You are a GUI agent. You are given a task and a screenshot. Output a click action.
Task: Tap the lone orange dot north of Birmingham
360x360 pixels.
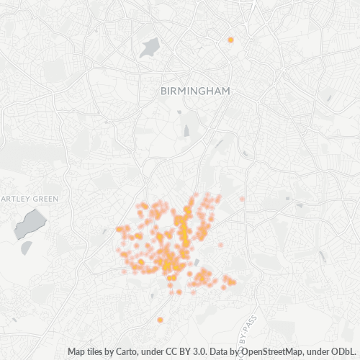pos(230,40)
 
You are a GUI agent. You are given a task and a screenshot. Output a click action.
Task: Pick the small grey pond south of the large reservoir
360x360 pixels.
pos(27,247)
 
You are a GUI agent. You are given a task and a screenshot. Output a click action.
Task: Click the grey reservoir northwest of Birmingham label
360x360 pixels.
pos(150,48)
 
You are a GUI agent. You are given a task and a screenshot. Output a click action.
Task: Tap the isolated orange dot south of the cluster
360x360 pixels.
pos(160,320)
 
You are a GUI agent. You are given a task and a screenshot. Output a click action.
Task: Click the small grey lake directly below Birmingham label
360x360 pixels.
pos(186,131)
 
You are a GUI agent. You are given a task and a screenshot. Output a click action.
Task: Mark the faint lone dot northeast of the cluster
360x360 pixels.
pos(242,198)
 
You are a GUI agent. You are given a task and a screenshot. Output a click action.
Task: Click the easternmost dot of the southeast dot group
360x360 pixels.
pos(233,282)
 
